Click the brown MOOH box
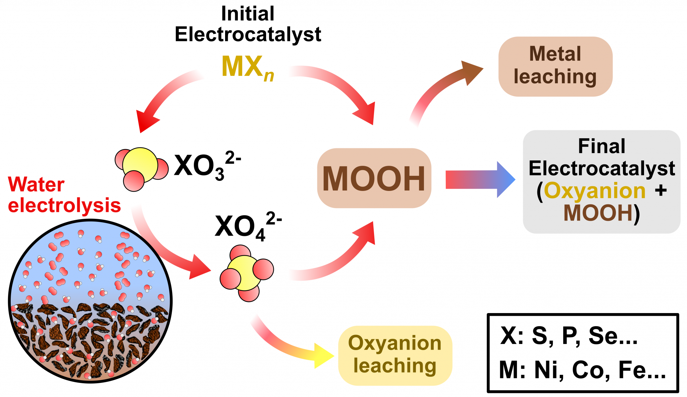[x=374, y=178]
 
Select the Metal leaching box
[x=555, y=66]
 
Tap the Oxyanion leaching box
[x=395, y=355]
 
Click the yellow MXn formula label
[x=248, y=67]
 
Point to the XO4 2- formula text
[x=248, y=227]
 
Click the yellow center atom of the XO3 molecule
[x=140, y=164]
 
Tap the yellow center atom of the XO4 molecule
[x=244, y=272]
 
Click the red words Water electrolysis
[x=64, y=195]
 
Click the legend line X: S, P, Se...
[x=569, y=335]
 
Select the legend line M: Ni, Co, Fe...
[x=582, y=369]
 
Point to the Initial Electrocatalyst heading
[x=248, y=24]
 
